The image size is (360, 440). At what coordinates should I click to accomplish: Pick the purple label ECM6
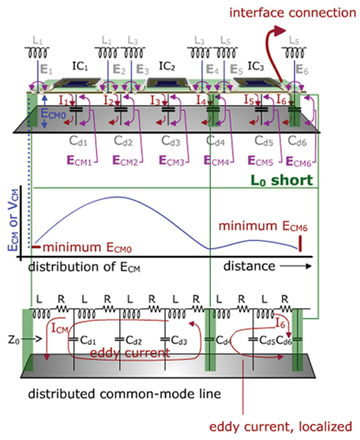(x=301, y=159)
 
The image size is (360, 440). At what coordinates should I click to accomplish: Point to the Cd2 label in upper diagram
(x=117, y=142)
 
